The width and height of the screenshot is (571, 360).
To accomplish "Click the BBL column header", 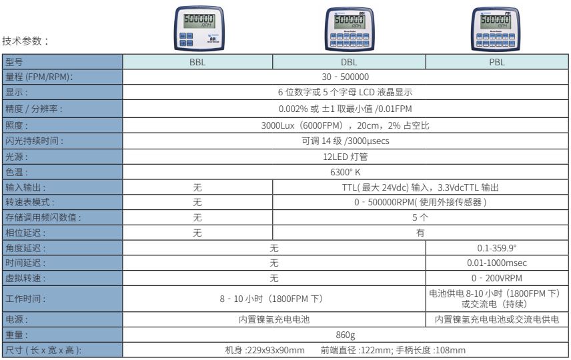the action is [197, 62].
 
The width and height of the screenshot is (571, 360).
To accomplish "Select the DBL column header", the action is [349, 62].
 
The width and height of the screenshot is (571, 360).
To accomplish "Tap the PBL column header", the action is [497, 62].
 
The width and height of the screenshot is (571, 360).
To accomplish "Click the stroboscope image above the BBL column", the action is [199, 28].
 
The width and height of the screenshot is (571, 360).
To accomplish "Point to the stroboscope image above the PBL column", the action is [496, 29].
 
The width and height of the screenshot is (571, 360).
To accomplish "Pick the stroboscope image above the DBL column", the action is [350, 29].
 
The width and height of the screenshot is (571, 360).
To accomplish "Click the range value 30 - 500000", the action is [346, 77].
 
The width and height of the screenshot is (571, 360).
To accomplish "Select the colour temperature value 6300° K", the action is [346, 172].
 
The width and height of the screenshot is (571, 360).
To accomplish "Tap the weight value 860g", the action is [346, 335].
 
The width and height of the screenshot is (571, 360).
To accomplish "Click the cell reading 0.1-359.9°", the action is [497, 248].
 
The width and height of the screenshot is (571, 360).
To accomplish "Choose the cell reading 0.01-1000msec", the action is [497, 263].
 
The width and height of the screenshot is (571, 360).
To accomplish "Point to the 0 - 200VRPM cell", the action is [497, 279].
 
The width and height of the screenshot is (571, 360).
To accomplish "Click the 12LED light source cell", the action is [346, 157].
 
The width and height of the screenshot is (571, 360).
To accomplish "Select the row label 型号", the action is [14, 62].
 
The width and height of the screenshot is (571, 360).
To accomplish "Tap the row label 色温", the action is [17, 172].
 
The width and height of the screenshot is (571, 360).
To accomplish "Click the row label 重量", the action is [17, 335].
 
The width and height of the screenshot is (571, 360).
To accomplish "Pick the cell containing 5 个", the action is [420, 218].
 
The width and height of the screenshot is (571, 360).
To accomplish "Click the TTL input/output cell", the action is [420, 187].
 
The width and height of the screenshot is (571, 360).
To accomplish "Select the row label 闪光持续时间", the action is [34, 141].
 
